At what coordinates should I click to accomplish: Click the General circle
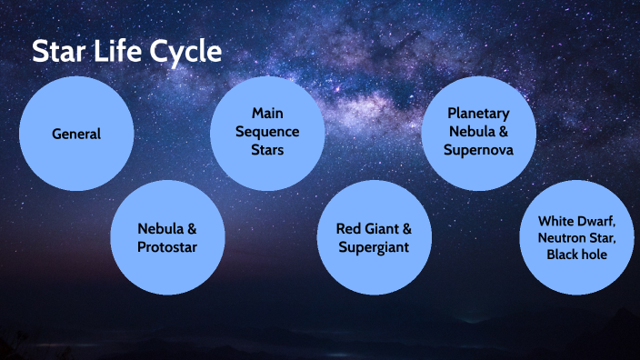(76, 135)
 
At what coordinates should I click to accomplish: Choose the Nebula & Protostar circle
(167, 237)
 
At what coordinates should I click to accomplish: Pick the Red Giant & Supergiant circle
(374, 237)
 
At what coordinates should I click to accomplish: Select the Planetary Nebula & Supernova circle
(478, 132)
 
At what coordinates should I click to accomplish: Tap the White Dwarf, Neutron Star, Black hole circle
(576, 237)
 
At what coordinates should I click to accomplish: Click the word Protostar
(167, 246)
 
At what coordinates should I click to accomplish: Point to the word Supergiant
(374, 246)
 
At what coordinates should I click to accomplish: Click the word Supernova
(478, 149)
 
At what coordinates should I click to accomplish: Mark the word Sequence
(267, 132)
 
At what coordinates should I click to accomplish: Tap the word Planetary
(478, 114)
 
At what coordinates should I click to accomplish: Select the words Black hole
(576, 255)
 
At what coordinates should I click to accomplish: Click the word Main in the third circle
(267, 115)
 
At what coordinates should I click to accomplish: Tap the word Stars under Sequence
(267, 149)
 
